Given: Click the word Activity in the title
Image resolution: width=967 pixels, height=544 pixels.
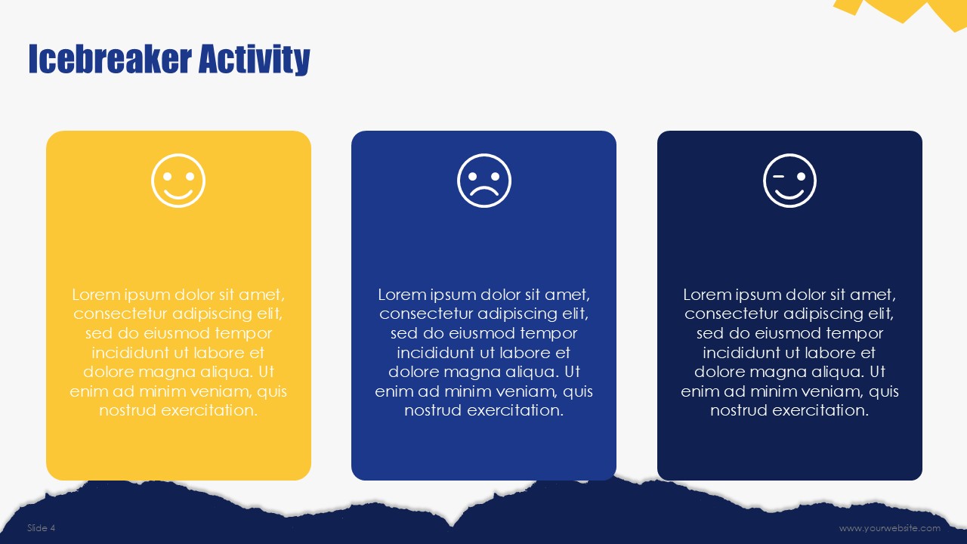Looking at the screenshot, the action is pyautogui.click(x=255, y=60).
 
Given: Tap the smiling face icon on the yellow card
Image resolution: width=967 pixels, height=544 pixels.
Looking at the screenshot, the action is pyautogui.click(x=178, y=181).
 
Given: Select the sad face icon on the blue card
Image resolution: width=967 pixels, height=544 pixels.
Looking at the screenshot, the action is pyautogui.click(x=484, y=181).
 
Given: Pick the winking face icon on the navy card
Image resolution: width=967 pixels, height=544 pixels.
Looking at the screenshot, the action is pyautogui.click(x=789, y=181).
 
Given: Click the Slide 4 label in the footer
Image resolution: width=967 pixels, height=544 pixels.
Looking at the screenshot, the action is pyautogui.click(x=41, y=527).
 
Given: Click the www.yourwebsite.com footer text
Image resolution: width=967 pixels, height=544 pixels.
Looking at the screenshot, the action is pyautogui.click(x=890, y=528).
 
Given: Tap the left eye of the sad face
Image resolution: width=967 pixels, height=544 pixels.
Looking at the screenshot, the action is pyautogui.click(x=473, y=177).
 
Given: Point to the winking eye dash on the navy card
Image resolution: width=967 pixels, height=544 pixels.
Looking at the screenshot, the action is pyautogui.click(x=778, y=177).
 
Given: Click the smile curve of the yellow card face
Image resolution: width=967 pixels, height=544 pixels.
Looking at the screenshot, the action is pyautogui.click(x=178, y=194).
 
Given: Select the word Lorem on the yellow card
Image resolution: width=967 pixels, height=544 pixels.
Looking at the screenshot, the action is pyautogui.click(x=95, y=295).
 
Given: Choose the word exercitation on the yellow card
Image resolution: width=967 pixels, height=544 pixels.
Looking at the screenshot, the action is pyautogui.click(x=209, y=410).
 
